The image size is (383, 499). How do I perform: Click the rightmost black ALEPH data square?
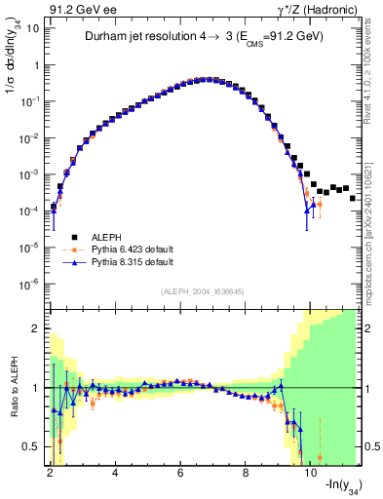[352, 198]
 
